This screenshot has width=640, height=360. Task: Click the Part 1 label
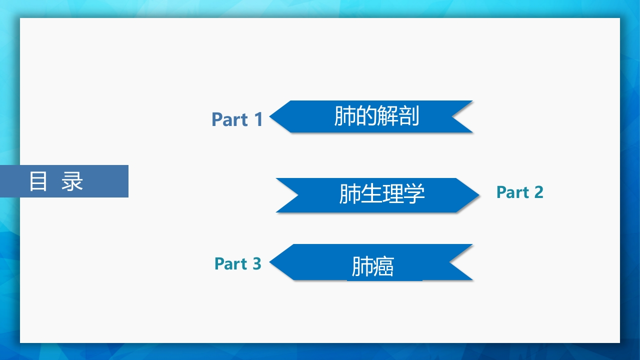(x=237, y=119)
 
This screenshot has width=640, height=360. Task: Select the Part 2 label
(x=519, y=192)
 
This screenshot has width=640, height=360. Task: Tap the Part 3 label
(x=237, y=263)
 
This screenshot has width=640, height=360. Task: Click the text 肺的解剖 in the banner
(x=376, y=115)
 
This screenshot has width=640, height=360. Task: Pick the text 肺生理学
(x=381, y=193)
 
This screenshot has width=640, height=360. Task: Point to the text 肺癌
(x=372, y=266)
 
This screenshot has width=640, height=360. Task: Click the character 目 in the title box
(x=38, y=181)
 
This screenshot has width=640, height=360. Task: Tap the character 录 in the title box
(x=72, y=181)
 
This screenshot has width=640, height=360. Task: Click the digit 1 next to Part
(x=258, y=119)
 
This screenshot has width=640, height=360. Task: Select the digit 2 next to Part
(x=538, y=192)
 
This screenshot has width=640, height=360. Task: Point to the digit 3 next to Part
(x=257, y=263)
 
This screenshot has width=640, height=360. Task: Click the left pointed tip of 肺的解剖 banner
(x=269, y=116)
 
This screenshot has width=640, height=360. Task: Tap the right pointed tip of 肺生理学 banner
(x=479, y=195)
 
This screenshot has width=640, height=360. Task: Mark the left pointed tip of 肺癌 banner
(x=269, y=261)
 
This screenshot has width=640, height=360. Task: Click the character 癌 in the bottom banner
(x=383, y=266)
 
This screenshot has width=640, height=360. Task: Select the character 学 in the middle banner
(x=414, y=193)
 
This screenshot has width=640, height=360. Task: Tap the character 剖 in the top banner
(x=408, y=115)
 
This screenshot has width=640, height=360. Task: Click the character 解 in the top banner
(x=387, y=115)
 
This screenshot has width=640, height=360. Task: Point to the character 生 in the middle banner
(x=371, y=193)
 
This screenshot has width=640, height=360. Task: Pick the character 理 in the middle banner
(x=392, y=193)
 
